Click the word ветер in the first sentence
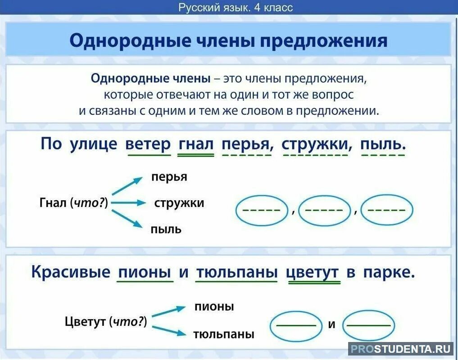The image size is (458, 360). [x=149, y=144]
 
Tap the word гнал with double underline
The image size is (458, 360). [x=196, y=144]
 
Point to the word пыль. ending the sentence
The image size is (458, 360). [x=383, y=144]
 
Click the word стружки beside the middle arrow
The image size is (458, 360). [x=179, y=203]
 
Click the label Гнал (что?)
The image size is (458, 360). [x=74, y=203]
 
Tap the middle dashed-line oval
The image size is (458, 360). [x=324, y=210]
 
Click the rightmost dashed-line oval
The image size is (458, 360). [x=387, y=210]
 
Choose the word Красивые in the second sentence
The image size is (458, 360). [x=70, y=272]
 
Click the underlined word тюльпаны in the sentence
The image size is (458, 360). [x=236, y=272]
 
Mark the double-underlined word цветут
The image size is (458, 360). [x=313, y=272]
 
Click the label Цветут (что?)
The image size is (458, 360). [x=106, y=321]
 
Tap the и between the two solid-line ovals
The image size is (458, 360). [x=332, y=324]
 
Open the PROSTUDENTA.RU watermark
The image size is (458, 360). [x=401, y=349]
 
